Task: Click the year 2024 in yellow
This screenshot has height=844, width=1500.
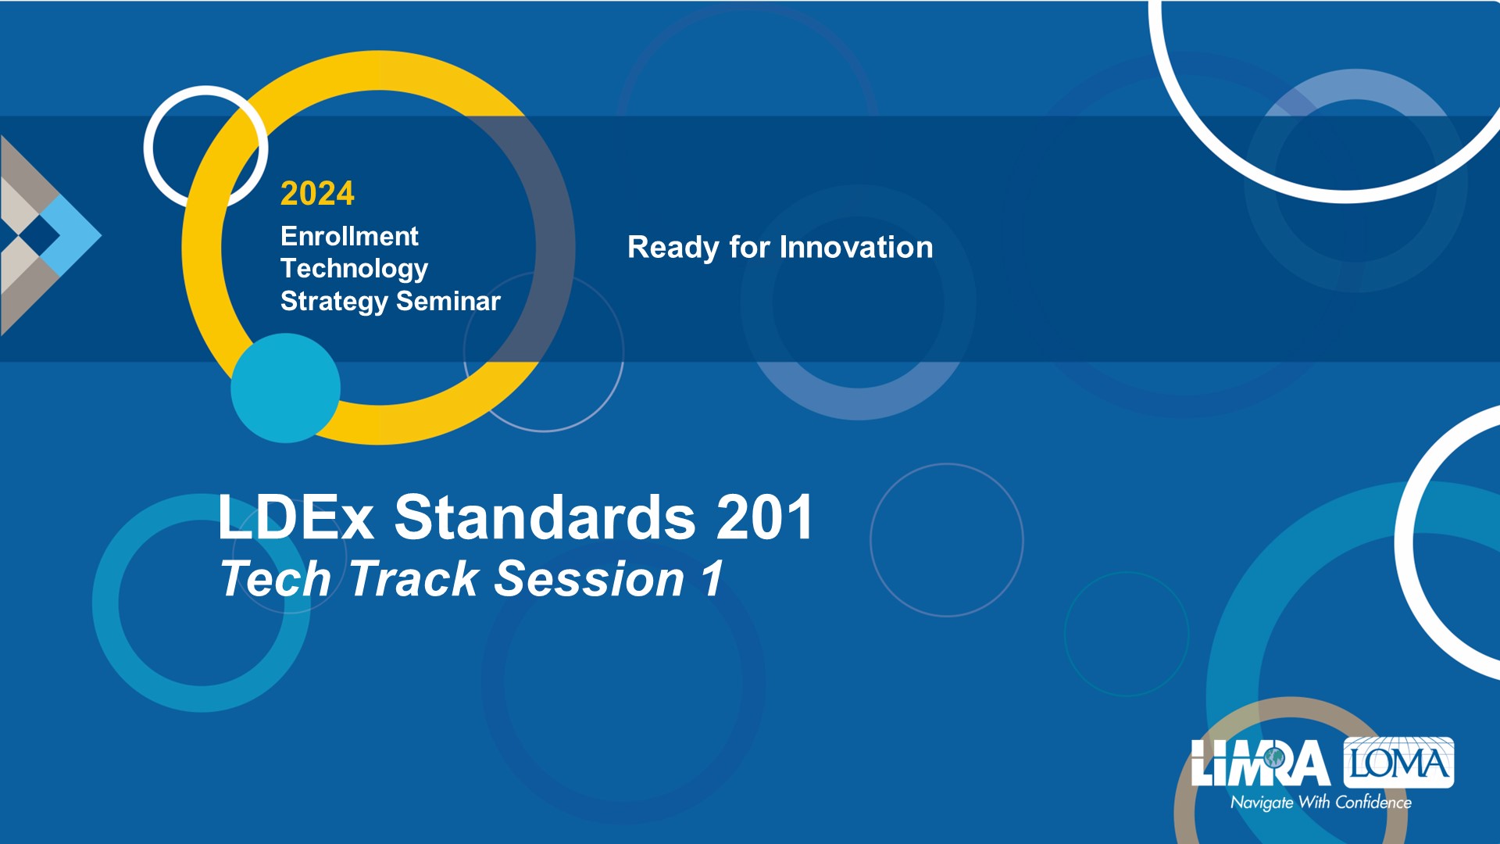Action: [x=317, y=193]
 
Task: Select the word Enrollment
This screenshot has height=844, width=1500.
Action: [x=349, y=236]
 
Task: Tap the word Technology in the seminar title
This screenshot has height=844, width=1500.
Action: [x=354, y=269]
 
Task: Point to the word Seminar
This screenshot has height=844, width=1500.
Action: [x=448, y=301]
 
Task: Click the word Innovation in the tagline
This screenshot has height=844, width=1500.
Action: [x=856, y=248]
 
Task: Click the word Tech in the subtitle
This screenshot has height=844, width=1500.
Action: [x=276, y=579]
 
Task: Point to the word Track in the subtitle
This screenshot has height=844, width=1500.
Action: [x=414, y=579]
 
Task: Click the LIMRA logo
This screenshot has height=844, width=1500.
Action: [x=1260, y=763]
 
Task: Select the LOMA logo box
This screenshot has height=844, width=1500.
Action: [x=1398, y=762]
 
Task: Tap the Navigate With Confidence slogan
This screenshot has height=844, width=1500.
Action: [x=1321, y=803]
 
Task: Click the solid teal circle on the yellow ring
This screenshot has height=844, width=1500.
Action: [x=286, y=388]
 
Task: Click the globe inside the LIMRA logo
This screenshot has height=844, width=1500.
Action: [x=1275, y=757]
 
